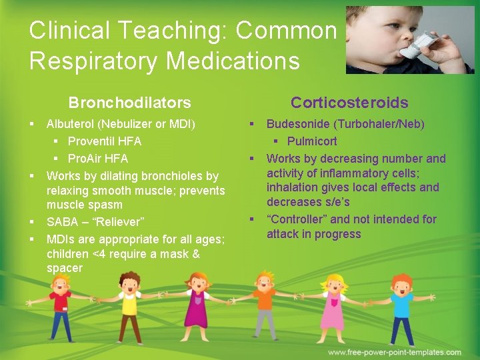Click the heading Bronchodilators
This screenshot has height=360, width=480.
tap(129, 103)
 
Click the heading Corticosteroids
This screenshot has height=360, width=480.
tap(349, 103)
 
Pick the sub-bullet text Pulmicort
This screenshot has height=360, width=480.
tap(312, 141)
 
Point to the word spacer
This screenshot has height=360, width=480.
tap(65, 269)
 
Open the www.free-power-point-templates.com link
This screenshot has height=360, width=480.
tap(395, 352)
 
